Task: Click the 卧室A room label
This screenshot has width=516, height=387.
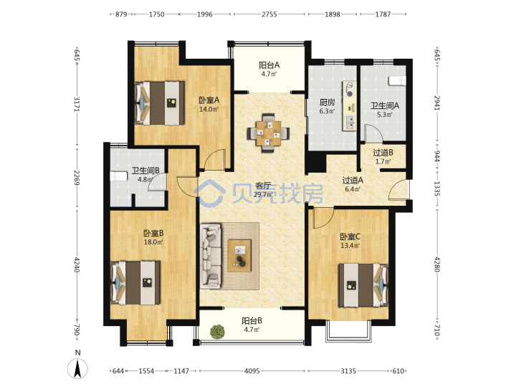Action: tap(209, 100)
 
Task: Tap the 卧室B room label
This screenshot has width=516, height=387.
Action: tap(153, 234)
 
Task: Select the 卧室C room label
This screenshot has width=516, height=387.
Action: tap(350, 236)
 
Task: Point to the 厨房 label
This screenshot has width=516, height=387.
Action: tap(327, 102)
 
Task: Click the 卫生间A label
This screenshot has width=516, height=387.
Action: tap(385, 105)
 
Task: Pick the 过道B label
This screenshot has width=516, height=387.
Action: tap(383, 153)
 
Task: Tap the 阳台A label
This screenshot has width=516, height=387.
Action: tap(269, 64)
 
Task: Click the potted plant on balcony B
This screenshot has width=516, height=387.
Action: tap(217, 331)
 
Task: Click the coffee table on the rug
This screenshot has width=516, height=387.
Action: tap(239, 255)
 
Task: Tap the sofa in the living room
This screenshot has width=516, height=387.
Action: tap(211, 256)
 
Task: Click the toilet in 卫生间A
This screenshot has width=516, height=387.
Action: tap(397, 80)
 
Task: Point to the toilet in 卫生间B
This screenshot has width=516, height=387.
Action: tap(118, 176)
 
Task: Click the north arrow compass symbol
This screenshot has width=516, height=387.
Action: tap(77, 368)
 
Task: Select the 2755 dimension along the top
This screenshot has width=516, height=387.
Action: tap(269, 14)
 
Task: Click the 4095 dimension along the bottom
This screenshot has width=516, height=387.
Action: tap(252, 371)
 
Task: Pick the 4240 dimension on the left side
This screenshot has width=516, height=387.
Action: tap(77, 264)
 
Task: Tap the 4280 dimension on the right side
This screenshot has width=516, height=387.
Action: tap(437, 264)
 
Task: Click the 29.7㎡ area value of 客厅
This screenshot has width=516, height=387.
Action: tap(262, 194)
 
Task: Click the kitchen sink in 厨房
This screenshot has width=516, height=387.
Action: tap(350, 122)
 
